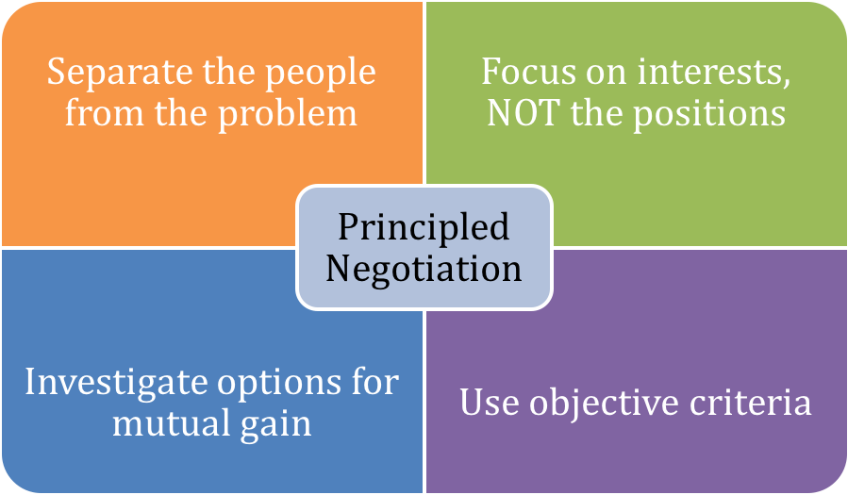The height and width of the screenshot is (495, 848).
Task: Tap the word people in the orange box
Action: [320, 73]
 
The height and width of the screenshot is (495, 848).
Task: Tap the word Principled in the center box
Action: [424, 226]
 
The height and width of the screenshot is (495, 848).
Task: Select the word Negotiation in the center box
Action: [424, 268]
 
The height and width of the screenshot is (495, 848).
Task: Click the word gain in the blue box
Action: [274, 423]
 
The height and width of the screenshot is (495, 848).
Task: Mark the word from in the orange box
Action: [103, 113]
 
